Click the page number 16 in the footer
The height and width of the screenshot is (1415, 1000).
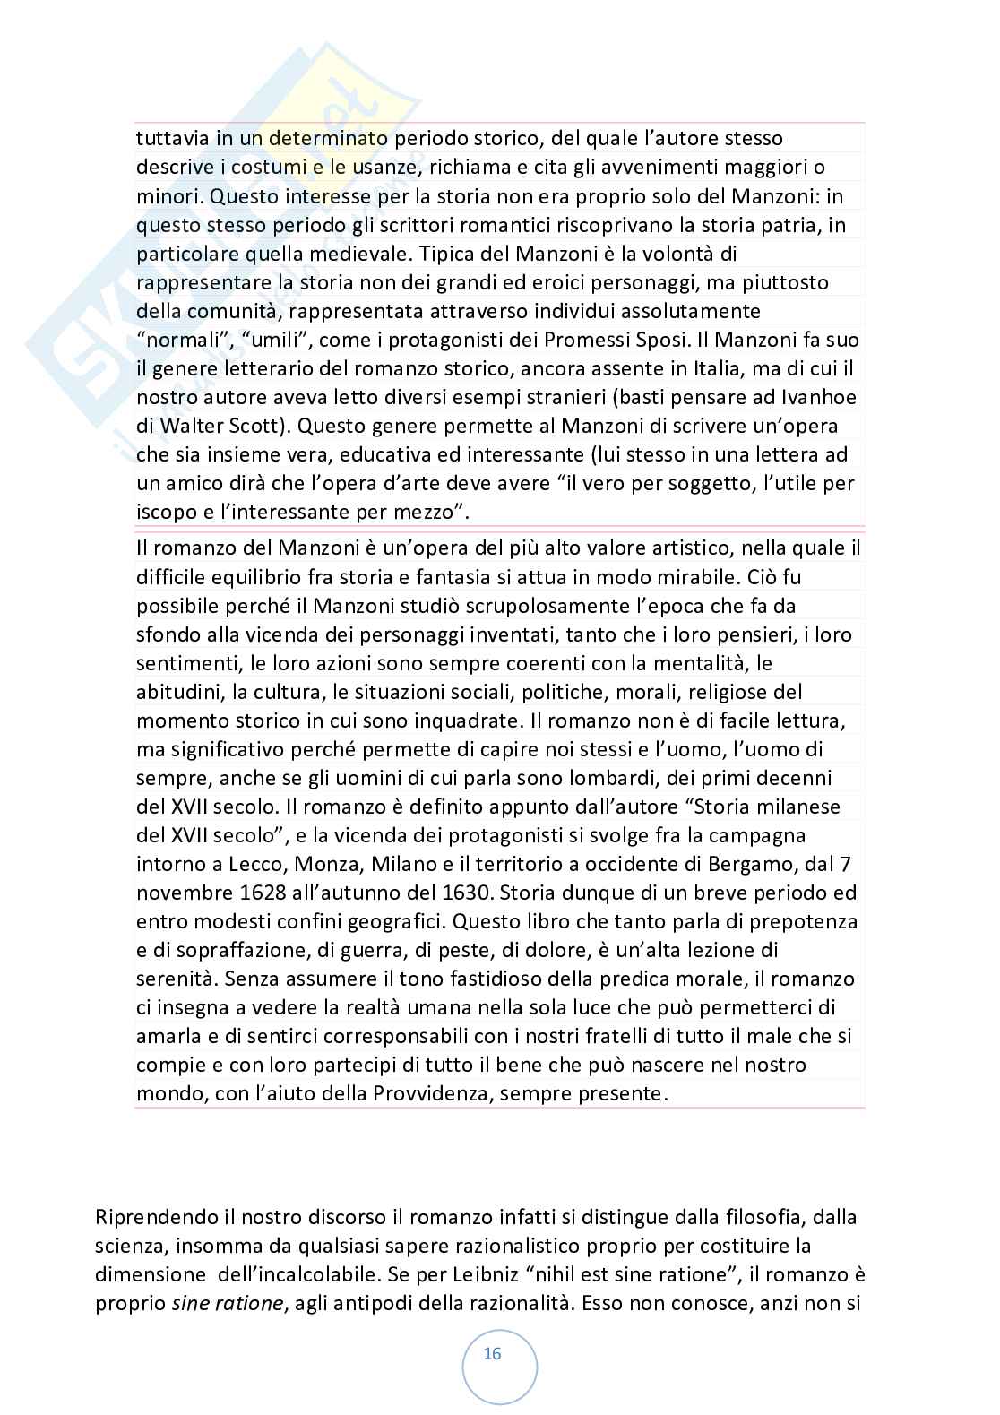[x=492, y=1354]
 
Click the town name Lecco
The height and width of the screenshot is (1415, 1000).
[x=274, y=864]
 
